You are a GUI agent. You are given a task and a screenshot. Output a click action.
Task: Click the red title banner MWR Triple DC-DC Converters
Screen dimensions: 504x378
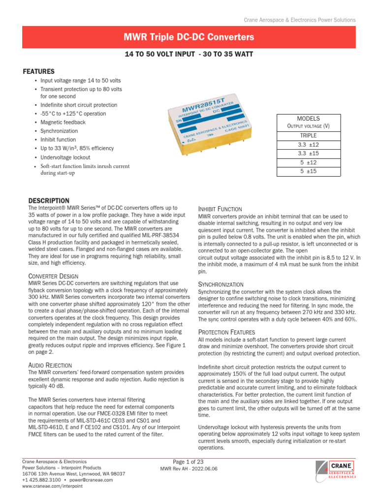pyautogui.click(x=189, y=37)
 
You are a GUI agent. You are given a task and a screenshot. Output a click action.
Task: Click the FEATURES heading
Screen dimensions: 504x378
pyautogui.click(x=38, y=71)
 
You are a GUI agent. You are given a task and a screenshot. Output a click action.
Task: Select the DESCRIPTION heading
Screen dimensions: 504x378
pyautogui.click(x=49, y=201)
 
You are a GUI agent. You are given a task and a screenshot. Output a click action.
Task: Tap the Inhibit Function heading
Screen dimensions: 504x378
pyautogui.click(x=220, y=209)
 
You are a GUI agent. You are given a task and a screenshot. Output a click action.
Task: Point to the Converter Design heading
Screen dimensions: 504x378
pyautogui.click(x=53, y=276)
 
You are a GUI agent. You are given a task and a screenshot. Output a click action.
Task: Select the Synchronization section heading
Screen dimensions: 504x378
pyautogui.click(x=220, y=284)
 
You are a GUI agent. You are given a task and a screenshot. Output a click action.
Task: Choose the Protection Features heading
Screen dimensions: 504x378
pyautogui.click(x=226, y=332)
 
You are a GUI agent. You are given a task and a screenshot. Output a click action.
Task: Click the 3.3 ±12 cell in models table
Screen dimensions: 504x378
pyautogui.click(x=309, y=145)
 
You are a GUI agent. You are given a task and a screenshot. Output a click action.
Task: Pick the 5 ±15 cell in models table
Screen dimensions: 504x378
pyautogui.click(x=309, y=171)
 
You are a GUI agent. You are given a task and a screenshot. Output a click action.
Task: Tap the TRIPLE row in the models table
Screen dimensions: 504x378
pyautogui.click(x=308, y=135)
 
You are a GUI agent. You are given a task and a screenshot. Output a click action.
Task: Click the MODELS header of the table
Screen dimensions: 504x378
pyautogui.click(x=308, y=119)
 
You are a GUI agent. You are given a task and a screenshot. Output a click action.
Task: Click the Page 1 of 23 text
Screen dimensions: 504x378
pyautogui.click(x=189, y=462)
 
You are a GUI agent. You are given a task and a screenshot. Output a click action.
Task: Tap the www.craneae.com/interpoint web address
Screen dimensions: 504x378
pyautogui.click(x=53, y=486)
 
